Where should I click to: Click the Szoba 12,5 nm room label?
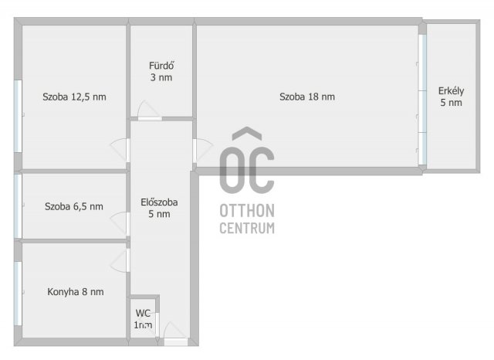coord(74,97)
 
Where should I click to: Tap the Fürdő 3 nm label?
coord(161,72)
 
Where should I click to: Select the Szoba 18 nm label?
coord(307,97)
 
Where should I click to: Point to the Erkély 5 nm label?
coord(451,97)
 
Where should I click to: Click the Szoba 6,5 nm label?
coord(74,206)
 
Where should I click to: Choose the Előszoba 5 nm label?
coord(159,208)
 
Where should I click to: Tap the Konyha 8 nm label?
coord(76,292)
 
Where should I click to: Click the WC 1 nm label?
coord(143,319)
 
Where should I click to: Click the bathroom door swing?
coord(149,110)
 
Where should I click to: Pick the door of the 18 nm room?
coord(203,151)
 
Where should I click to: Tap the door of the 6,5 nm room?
coord(120,224)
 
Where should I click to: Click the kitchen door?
coord(120,260)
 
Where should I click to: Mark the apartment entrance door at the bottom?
coord(175,334)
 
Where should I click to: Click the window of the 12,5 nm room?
coord(19,117)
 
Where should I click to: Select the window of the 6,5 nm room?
coord(19,206)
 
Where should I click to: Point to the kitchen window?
coord(19,294)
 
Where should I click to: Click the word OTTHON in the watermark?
coord(247,211)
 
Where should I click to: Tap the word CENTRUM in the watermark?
coord(247,228)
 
